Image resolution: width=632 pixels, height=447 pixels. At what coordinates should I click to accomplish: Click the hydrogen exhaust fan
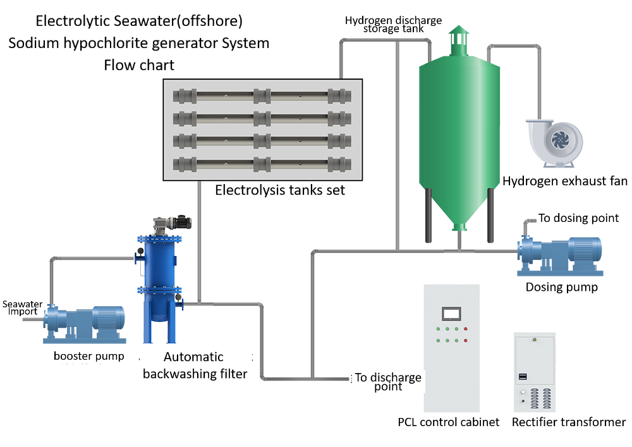click(555, 142)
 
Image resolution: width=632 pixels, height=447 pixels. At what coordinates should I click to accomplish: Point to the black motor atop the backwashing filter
click(183, 221)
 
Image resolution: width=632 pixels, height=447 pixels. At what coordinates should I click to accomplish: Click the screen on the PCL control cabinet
click(451, 314)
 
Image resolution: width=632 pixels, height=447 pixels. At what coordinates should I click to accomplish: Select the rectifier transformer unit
click(535, 372)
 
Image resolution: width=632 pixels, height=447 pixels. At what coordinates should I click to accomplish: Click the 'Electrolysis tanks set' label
click(280, 190)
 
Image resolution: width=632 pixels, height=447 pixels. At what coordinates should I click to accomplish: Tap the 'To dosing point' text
click(578, 218)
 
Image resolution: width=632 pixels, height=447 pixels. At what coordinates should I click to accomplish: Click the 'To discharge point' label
click(388, 381)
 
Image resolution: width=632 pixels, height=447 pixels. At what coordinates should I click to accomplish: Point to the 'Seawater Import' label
click(23, 307)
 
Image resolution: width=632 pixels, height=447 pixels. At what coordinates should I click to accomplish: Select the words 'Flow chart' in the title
click(139, 65)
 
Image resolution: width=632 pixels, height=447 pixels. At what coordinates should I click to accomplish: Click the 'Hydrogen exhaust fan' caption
click(564, 181)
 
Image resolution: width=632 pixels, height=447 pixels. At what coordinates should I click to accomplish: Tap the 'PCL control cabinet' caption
click(448, 422)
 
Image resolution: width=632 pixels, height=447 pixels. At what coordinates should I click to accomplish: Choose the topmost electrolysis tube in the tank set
click(262, 96)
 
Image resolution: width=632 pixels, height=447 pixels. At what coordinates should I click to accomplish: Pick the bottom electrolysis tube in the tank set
click(262, 164)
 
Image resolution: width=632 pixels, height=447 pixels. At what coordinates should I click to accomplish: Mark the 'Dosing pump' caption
click(561, 287)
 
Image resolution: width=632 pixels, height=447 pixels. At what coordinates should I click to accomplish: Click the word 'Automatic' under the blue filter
click(193, 357)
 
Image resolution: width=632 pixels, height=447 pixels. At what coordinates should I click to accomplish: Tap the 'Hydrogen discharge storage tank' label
click(393, 24)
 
